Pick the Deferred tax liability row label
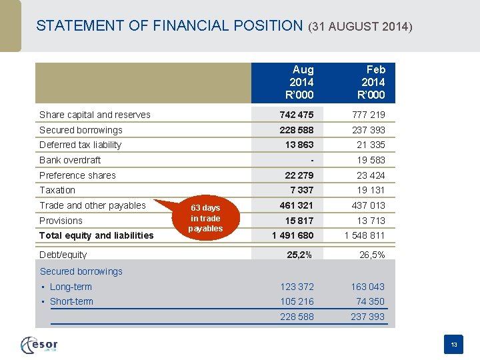[x=81, y=145]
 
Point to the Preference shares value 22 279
[x=299, y=175]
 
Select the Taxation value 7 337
[x=301, y=190]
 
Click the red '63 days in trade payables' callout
[x=205, y=218]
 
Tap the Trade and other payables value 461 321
[x=296, y=205]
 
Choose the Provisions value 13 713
[x=371, y=221]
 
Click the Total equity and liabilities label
[x=96, y=235]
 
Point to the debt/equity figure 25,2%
[x=300, y=254]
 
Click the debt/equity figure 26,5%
[x=371, y=254]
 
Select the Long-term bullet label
[x=71, y=287]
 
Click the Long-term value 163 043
[x=367, y=287]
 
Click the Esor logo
[x=40, y=345]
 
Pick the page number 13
[x=454, y=345]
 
